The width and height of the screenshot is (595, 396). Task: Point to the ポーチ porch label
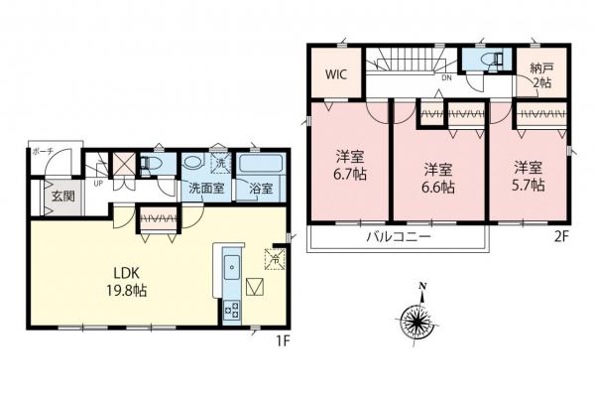[43, 151]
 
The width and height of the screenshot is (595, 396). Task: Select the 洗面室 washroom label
[204, 188]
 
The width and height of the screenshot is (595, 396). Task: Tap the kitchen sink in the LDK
[230, 265]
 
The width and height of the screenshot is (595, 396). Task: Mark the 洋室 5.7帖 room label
[527, 176]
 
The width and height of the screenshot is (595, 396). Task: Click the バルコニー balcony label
[395, 237]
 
